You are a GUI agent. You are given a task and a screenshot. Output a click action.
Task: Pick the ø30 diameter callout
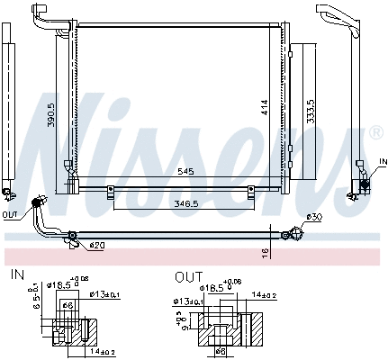click(x=313, y=217)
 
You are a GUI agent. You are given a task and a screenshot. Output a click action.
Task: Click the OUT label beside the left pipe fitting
click(x=10, y=215)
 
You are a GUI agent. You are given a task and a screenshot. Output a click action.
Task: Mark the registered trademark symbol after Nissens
click(x=375, y=134)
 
